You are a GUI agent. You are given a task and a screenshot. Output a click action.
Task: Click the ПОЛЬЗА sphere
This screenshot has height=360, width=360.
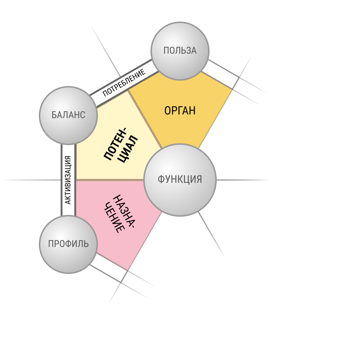(x=180, y=51)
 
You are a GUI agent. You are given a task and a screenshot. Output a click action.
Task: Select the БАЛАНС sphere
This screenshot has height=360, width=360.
(x=68, y=116)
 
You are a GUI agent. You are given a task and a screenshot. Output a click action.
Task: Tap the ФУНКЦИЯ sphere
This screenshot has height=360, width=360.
(x=180, y=180)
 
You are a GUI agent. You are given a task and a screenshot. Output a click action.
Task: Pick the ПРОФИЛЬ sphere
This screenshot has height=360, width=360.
(x=68, y=244)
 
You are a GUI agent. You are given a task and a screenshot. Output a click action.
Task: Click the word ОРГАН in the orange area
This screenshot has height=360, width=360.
(x=180, y=111)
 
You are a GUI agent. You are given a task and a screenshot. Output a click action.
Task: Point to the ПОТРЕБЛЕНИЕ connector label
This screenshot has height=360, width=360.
(x=124, y=83)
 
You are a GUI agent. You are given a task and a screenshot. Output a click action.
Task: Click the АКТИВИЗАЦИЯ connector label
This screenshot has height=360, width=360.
(x=68, y=180)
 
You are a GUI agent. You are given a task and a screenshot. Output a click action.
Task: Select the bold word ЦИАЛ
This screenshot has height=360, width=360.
(x=128, y=149)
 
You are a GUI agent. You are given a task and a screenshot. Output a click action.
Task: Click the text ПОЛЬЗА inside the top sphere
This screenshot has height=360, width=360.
(x=180, y=50)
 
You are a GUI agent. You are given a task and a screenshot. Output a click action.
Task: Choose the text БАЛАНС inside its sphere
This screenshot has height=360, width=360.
(x=68, y=115)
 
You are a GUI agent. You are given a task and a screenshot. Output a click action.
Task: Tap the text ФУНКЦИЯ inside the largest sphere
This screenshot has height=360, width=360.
(x=180, y=179)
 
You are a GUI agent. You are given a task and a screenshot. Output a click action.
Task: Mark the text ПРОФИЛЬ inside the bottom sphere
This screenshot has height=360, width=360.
(x=68, y=244)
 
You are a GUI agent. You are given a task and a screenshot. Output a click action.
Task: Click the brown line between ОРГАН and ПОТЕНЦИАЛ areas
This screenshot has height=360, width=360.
(x=145, y=120)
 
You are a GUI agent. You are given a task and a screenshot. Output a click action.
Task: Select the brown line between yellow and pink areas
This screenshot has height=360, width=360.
(x=110, y=180)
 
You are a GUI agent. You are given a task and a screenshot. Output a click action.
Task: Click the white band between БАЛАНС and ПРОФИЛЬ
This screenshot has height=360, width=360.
(x=68, y=180)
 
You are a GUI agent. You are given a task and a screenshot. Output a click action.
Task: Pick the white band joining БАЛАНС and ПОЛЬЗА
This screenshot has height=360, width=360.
(x=124, y=84)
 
